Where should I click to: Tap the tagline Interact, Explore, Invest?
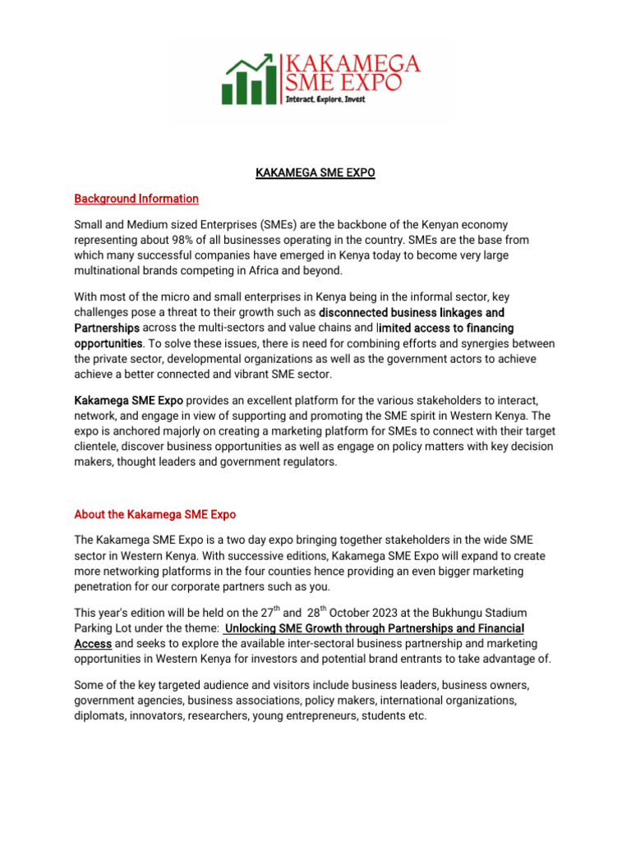tap(325, 99)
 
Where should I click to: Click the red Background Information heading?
tap(136, 199)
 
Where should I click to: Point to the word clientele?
tap(96, 447)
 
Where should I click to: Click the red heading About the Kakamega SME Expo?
tap(154, 514)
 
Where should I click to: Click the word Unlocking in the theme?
tap(254, 629)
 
